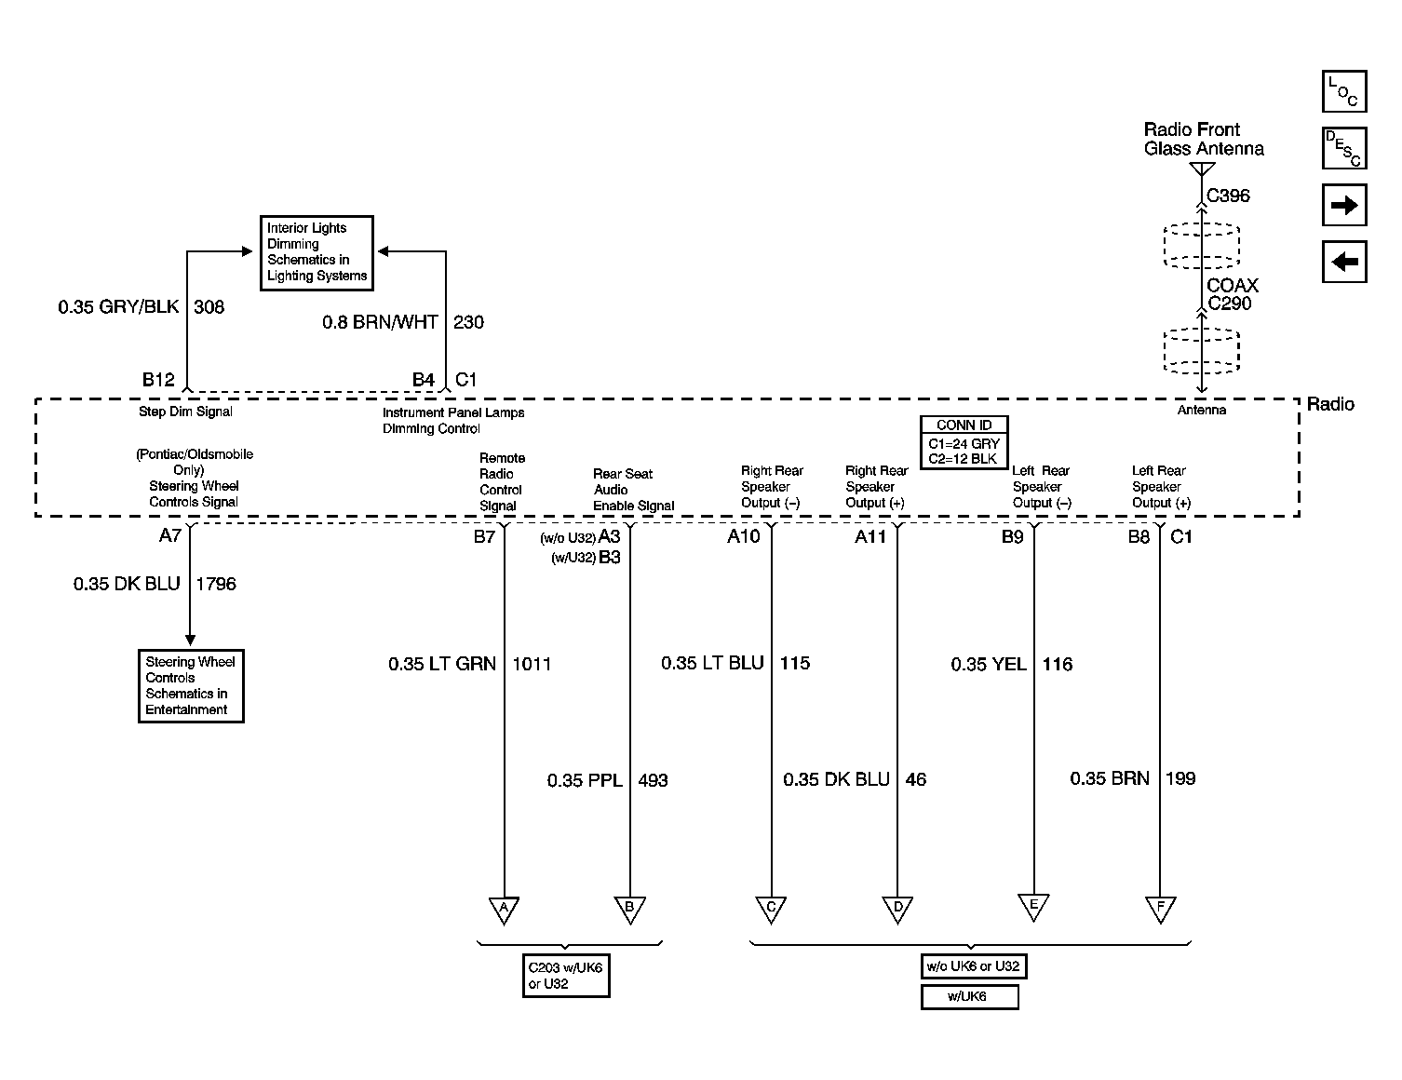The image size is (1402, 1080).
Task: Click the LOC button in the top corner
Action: tap(1344, 91)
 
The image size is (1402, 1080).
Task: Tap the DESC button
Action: tap(1344, 148)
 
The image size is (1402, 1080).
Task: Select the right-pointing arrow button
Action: tap(1344, 205)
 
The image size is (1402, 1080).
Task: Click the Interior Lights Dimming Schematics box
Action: tap(317, 253)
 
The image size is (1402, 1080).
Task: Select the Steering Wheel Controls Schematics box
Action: tap(191, 686)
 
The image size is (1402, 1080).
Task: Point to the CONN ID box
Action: tap(964, 442)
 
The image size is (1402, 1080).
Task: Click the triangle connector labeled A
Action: tap(504, 910)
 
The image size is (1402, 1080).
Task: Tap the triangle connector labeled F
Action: tap(1160, 909)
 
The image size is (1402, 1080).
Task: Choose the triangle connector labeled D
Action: tap(897, 909)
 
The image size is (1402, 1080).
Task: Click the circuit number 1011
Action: tap(532, 664)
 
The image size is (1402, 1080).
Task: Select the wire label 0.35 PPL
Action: tap(585, 780)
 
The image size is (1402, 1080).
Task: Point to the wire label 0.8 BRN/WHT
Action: tap(380, 322)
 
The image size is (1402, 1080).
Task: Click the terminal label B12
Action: tap(158, 379)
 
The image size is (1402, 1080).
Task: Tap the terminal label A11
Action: tap(870, 536)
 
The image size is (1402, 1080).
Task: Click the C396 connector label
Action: tap(1228, 196)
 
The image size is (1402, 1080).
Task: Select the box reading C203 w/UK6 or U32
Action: tap(566, 976)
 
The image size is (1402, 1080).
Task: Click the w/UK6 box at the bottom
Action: tap(970, 997)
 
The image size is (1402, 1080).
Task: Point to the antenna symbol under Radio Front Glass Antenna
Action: tap(1201, 169)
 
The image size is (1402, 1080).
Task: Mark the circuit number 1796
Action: tap(215, 584)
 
